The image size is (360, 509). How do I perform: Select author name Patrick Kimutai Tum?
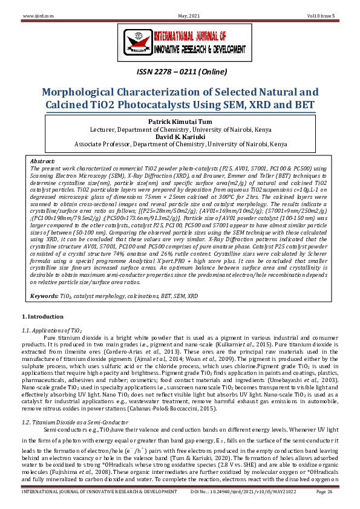pos(180,122)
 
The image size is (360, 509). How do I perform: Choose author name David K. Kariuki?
pos(180,137)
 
